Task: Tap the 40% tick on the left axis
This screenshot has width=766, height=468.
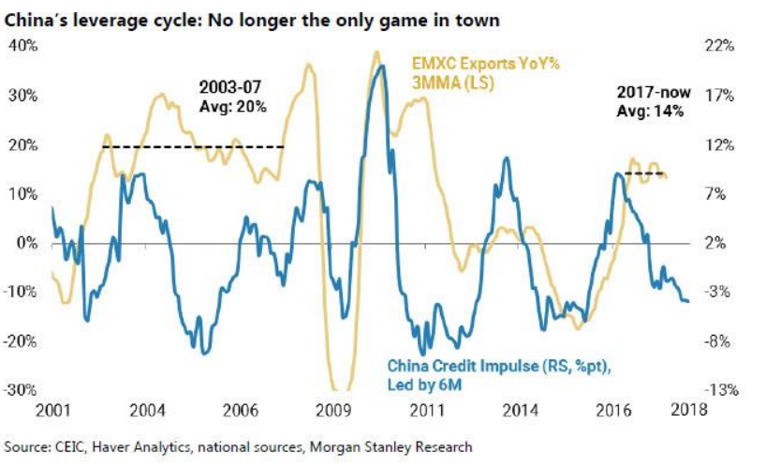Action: (x=22, y=46)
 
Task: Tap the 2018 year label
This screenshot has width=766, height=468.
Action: (x=689, y=410)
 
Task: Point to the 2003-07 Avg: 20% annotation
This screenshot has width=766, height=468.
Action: (x=233, y=96)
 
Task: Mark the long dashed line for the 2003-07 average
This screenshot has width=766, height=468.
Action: (x=192, y=146)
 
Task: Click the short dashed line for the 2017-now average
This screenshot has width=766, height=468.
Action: (x=644, y=174)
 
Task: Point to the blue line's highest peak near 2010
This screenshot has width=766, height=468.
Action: (x=378, y=67)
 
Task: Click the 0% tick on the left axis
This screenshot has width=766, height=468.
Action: (x=26, y=243)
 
